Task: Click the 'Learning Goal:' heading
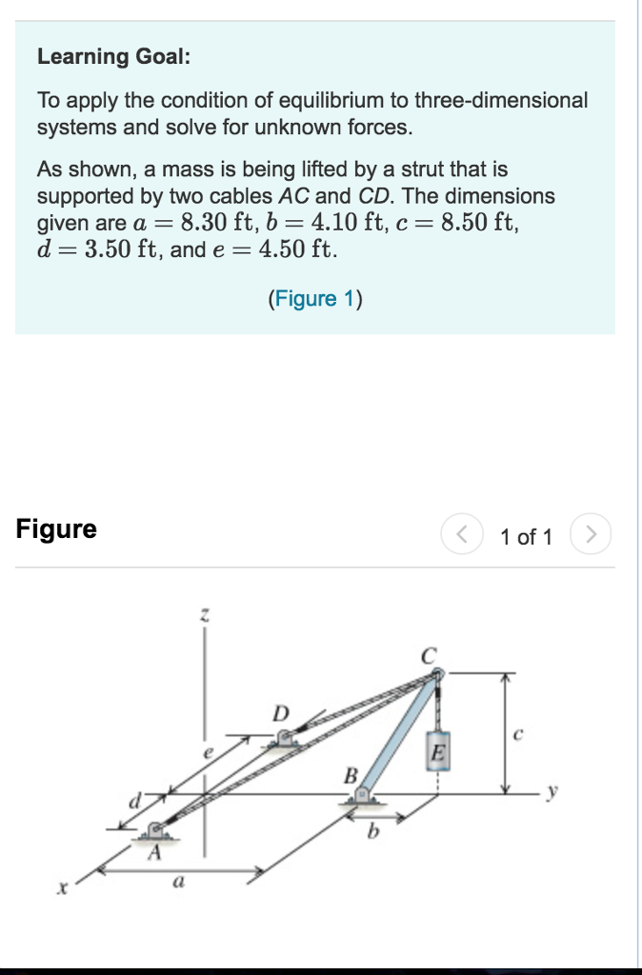[113, 56]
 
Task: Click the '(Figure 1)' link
[315, 299]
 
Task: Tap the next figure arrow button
[591, 535]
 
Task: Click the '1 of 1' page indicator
[526, 537]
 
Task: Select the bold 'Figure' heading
[56, 529]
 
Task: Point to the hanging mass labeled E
[437, 752]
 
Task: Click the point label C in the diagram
[429, 656]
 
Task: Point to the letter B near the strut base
[350, 777]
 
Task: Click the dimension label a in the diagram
[177, 885]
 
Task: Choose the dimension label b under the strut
[374, 833]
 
